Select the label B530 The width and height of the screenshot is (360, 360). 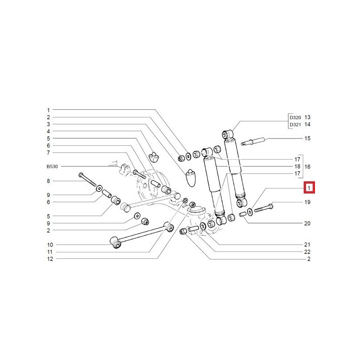pyautogui.click(x=53, y=166)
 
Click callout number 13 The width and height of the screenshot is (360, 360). pyautogui.click(x=307, y=117)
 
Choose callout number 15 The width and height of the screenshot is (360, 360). pyautogui.click(x=307, y=138)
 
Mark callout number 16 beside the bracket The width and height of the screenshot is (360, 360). pyautogui.click(x=308, y=166)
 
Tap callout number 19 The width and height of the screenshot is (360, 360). pyautogui.click(x=307, y=202)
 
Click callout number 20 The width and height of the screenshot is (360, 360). pyautogui.click(x=307, y=223)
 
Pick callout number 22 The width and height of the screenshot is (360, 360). pyautogui.click(x=307, y=252)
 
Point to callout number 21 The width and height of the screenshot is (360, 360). pyautogui.click(x=307, y=244)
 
